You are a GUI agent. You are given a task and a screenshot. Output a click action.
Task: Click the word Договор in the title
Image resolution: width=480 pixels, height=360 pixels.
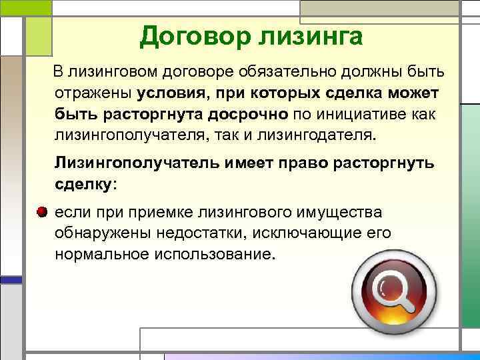tap(193, 36)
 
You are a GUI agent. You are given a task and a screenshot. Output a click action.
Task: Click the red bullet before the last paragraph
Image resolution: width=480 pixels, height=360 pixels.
tap(42, 213)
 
